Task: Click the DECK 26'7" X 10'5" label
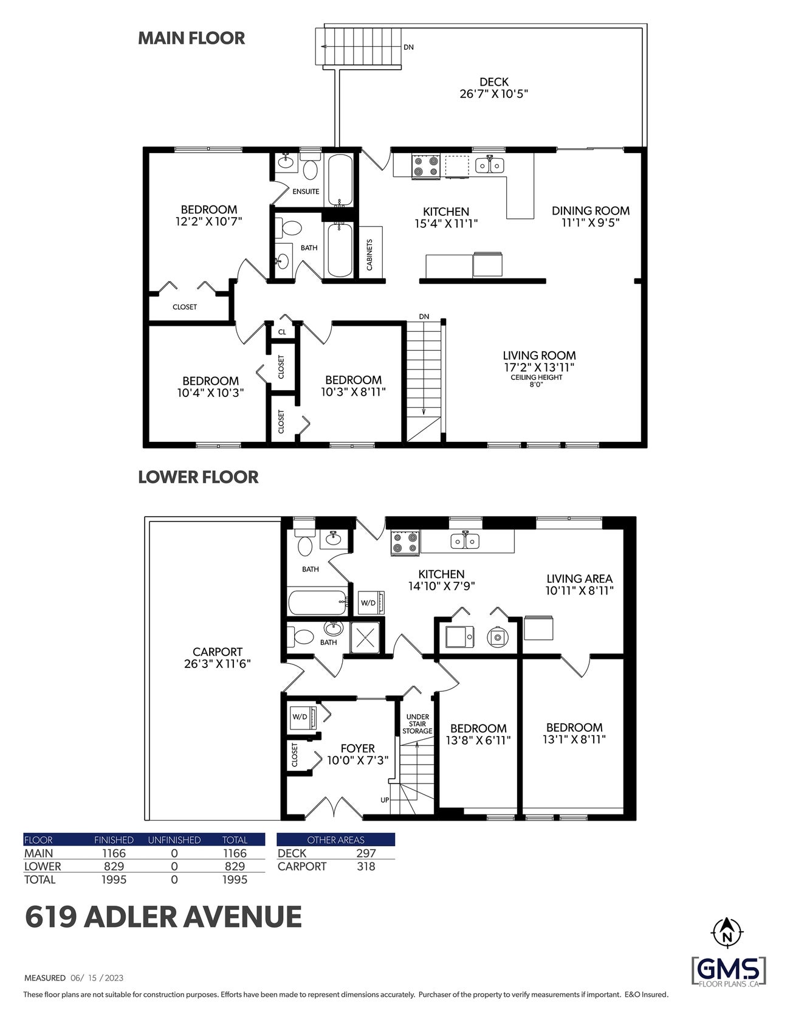click(x=494, y=88)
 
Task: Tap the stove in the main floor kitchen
click(x=426, y=166)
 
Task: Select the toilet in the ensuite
click(x=311, y=170)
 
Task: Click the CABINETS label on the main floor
click(x=369, y=255)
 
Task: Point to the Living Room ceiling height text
click(x=536, y=381)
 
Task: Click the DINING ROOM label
click(x=590, y=216)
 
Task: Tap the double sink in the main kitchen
click(x=489, y=165)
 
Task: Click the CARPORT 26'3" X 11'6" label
click(x=217, y=658)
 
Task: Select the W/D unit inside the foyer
click(x=302, y=717)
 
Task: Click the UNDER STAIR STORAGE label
click(x=417, y=724)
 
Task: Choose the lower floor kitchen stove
click(x=405, y=542)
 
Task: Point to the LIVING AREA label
click(x=579, y=584)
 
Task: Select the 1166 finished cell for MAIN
click(x=114, y=853)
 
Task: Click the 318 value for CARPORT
click(x=366, y=867)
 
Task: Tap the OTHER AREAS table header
click(x=335, y=840)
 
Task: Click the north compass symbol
click(x=727, y=931)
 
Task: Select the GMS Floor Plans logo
click(x=729, y=971)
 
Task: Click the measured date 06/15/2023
click(x=97, y=978)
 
